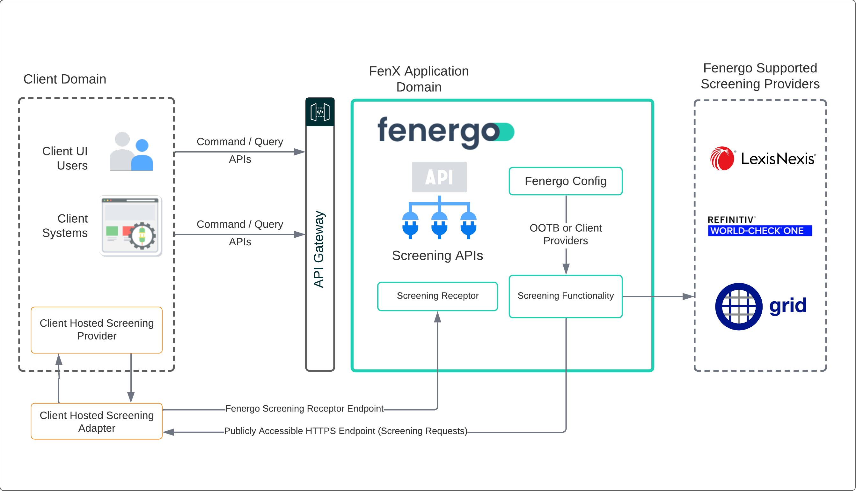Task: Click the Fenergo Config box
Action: click(x=565, y=181)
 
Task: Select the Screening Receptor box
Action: click(x=437, y=296)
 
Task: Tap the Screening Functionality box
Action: click(x=565, y=296)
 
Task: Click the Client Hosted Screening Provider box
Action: click(x=97, y=330)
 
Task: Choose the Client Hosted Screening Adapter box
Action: click(x=97, y=421)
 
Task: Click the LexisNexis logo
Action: click(x=762, y=159)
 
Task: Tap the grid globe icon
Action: click(x=738, y=306)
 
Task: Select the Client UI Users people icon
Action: click(x=131, y=152)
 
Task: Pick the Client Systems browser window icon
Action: click(x=131, y=226)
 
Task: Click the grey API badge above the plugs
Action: click(x=439, y=177)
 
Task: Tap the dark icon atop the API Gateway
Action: click(x=320, y=112)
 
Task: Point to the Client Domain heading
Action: click(x=65, y=79)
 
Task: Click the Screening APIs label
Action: click(x=437, y=255)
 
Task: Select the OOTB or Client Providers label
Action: click(x=565, y=234)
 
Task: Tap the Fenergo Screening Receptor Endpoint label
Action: click(x=304, y=408)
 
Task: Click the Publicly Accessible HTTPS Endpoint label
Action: click(x=346, y=431)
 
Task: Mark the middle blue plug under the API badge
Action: click(x=439, y=225)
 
